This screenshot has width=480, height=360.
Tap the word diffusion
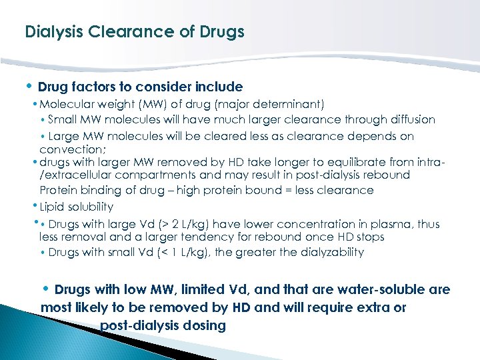click(411, 120)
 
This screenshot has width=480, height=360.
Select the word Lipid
click(53, 207)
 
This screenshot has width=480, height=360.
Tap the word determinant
click(290, 104)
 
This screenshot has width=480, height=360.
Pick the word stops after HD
click(370, 237)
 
